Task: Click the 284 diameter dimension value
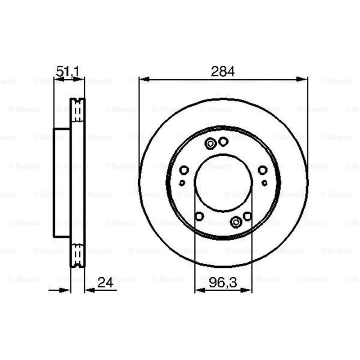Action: [223, 71]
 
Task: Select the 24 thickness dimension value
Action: [105, 283]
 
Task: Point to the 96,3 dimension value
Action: [223, 283]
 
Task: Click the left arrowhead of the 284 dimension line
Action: [144, 80]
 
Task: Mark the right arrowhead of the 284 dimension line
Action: [301, 80]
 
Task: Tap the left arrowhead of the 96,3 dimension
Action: [200, 290]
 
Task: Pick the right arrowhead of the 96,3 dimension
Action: [247, 290]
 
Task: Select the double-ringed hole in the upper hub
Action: [210, 144]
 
